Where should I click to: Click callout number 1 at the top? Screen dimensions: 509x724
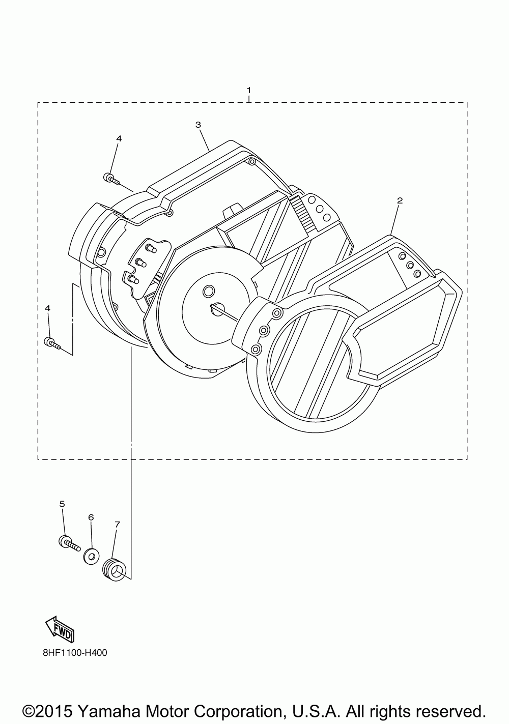tap(248, 90)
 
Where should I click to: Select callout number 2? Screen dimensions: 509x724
tap(400, 200)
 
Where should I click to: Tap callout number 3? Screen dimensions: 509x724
tap(198, 125)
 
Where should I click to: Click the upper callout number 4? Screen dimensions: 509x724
tap(119, 138)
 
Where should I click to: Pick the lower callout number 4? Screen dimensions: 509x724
tap(47, 308)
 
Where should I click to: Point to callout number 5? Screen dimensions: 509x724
tap(62, 504)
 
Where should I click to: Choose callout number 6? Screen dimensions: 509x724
tap(91, 517)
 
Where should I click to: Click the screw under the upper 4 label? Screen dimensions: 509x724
tap(110, 179)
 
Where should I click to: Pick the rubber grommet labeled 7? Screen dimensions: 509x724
tap(114, 568)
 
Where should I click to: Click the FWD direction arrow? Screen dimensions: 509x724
tap(60, 629)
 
